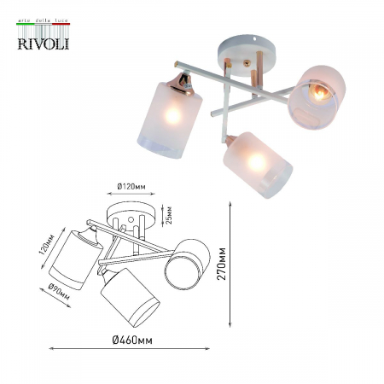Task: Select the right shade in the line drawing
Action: pyautogui.click(x=187, y=265)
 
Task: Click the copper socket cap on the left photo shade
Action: pyautogui.click(x=182, y=82)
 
